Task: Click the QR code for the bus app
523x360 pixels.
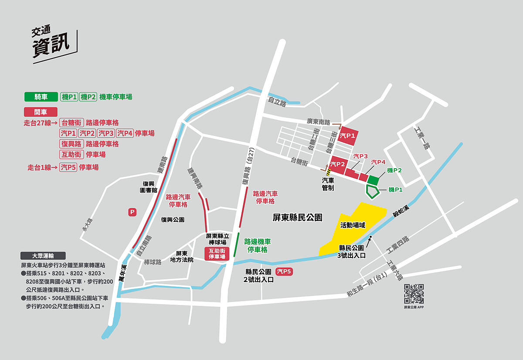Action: click(414, 294)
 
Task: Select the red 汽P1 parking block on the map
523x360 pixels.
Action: click(349, 136)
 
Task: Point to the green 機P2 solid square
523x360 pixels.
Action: click(373, 180)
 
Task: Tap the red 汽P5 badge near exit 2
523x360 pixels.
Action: click(284, 272)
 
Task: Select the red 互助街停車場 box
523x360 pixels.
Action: click(217, 254)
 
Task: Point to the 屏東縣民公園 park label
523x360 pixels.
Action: click(297, 217)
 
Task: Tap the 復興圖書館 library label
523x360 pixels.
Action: click(148, 187)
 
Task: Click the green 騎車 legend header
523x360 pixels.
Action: click(41, 97)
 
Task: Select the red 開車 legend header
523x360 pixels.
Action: click(41, 112)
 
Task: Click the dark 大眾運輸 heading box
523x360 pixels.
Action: click(43, 256)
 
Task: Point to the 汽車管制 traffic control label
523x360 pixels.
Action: click(328, 184)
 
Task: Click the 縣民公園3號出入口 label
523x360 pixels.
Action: click(352, 251)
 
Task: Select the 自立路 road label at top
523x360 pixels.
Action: click(277, 103)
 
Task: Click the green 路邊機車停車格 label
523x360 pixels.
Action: click(257, 245)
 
